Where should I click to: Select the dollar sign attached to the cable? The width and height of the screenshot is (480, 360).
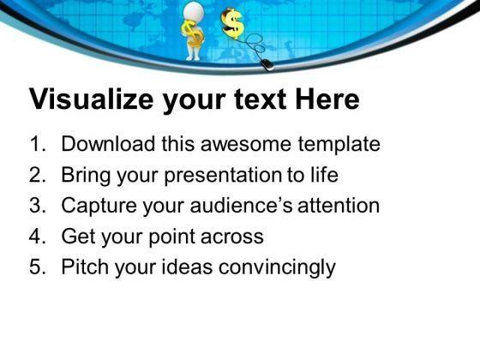(231, 21)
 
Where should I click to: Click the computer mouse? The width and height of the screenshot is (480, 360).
(268, 63)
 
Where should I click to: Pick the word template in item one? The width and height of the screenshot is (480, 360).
(341, 144)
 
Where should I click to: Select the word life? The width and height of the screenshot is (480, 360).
(323, 175)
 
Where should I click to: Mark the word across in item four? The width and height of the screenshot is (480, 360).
(231, 237)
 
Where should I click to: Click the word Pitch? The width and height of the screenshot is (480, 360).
(82, 267)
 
